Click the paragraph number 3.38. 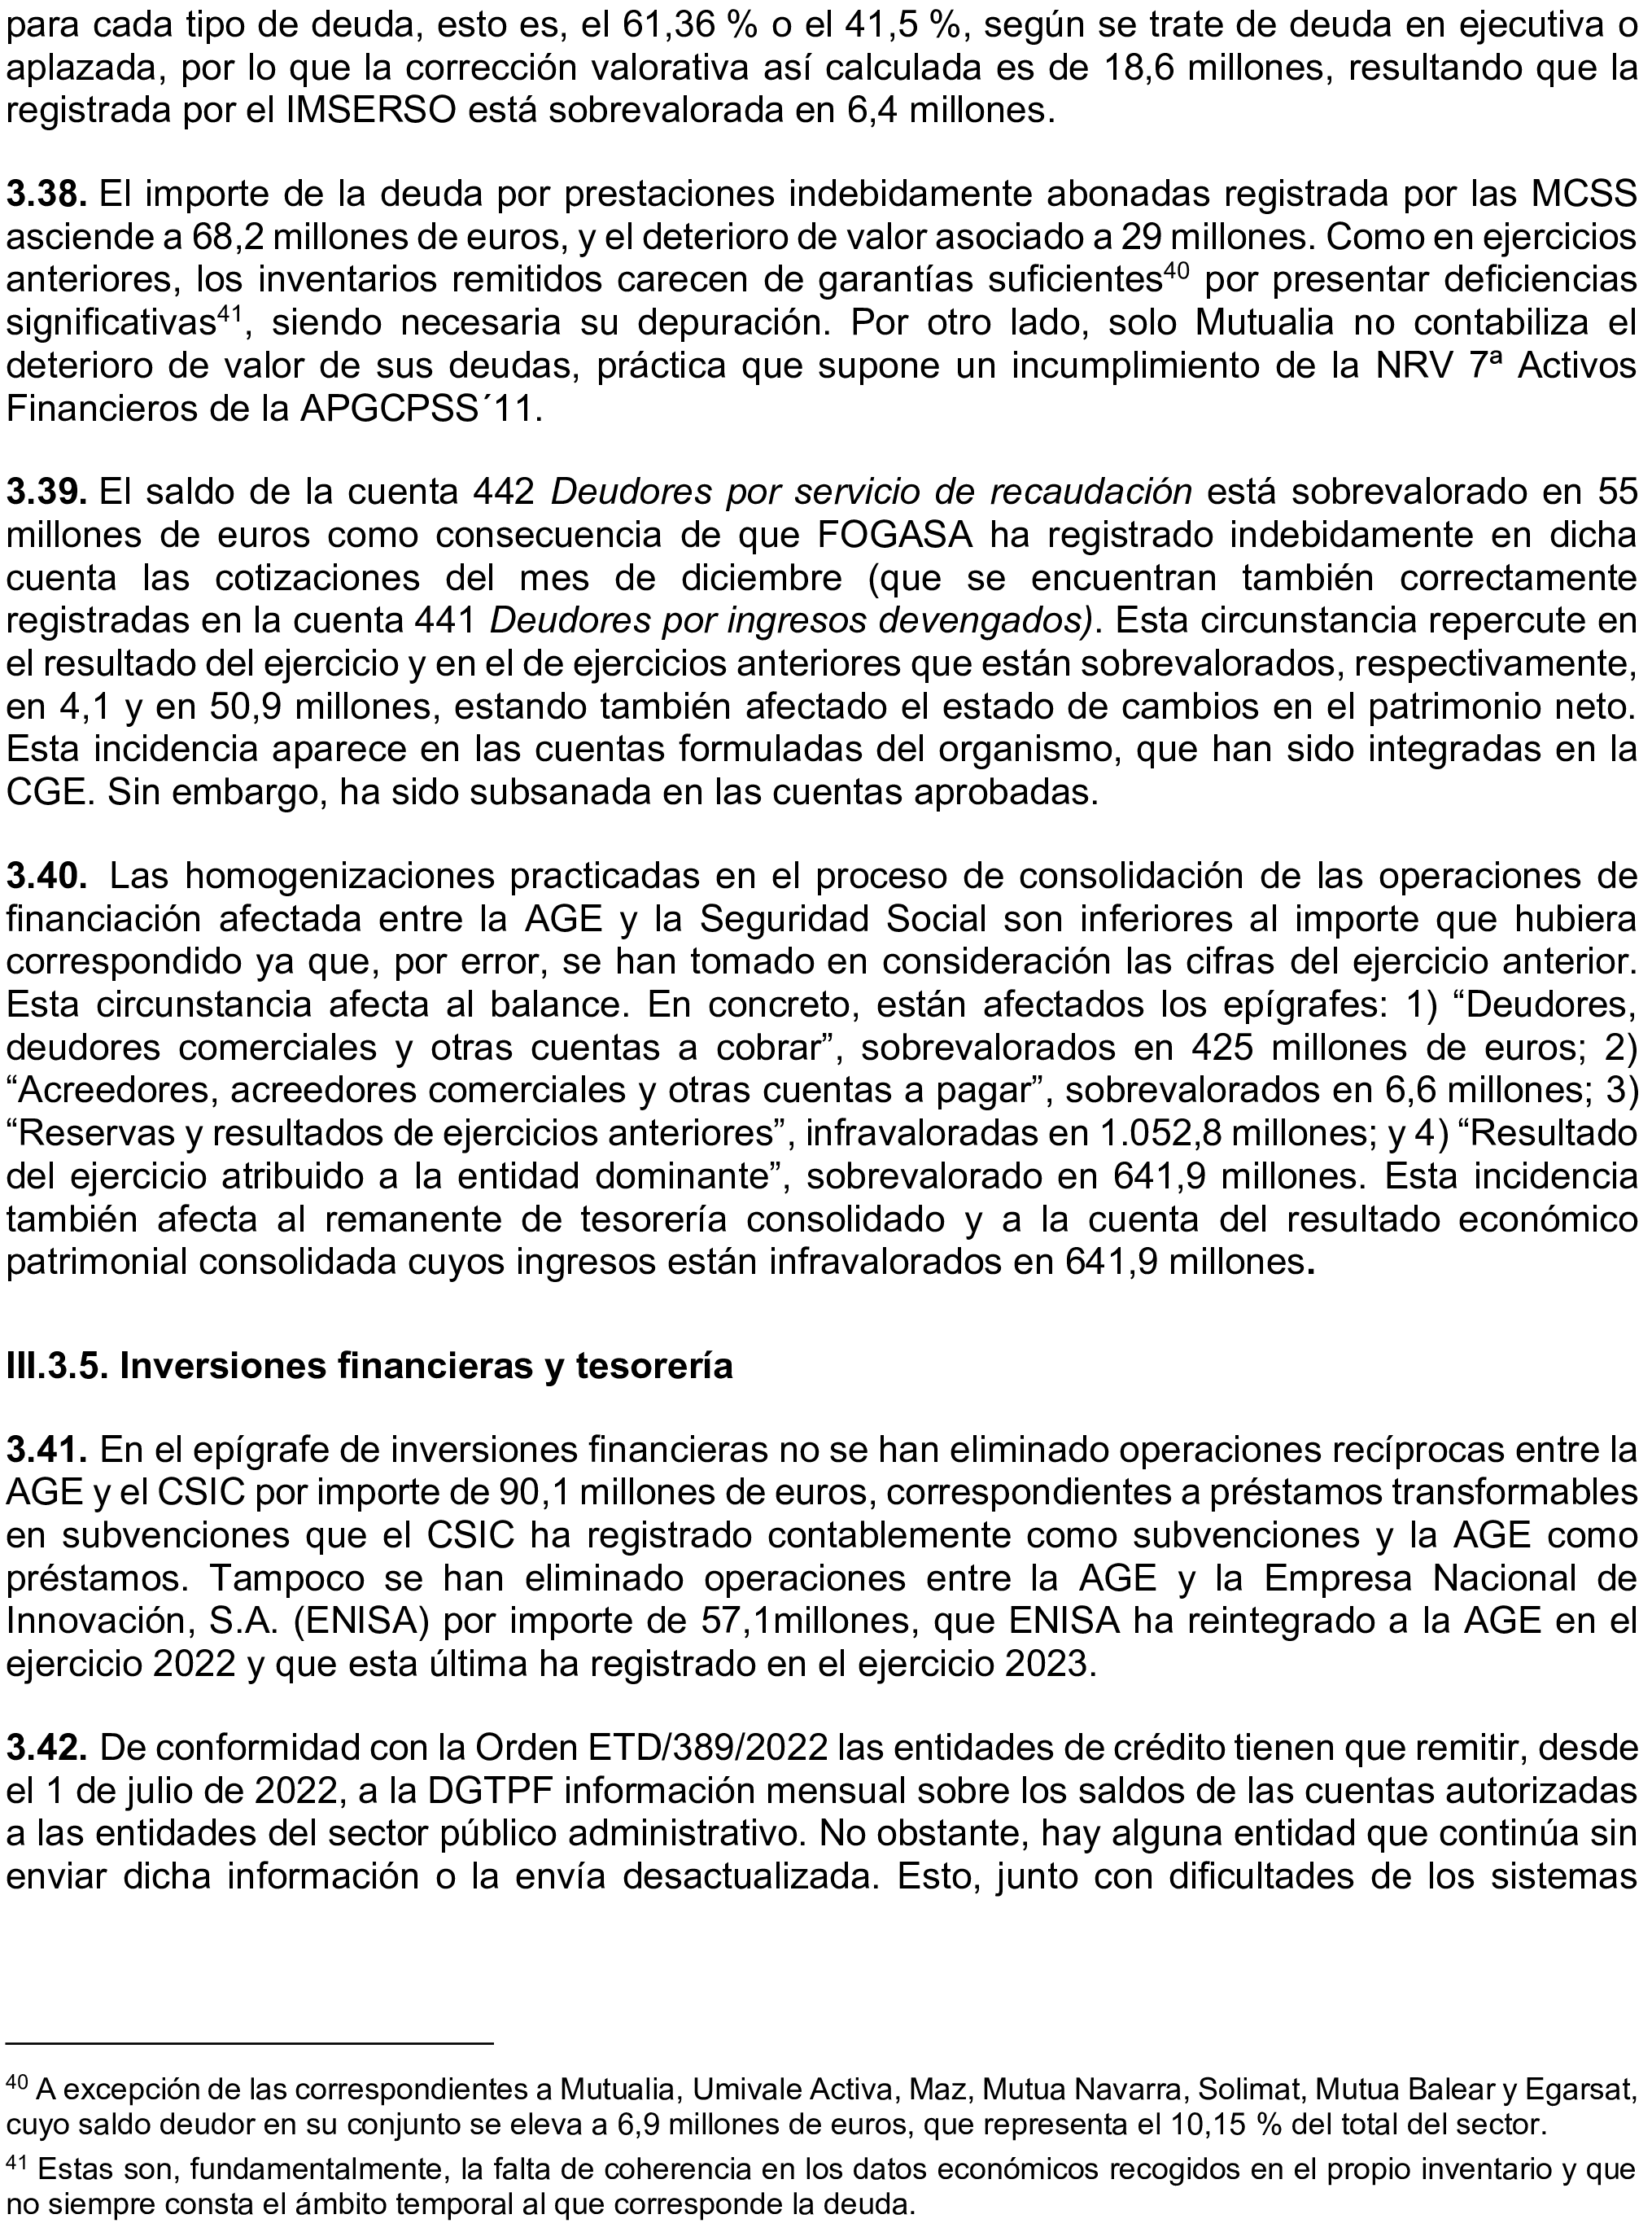[x=49, y=194]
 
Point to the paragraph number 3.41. [x=49, y=1448]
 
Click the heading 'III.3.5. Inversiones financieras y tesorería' [x=370, y=1365]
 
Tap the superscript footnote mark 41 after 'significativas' [x=232, y=313]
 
